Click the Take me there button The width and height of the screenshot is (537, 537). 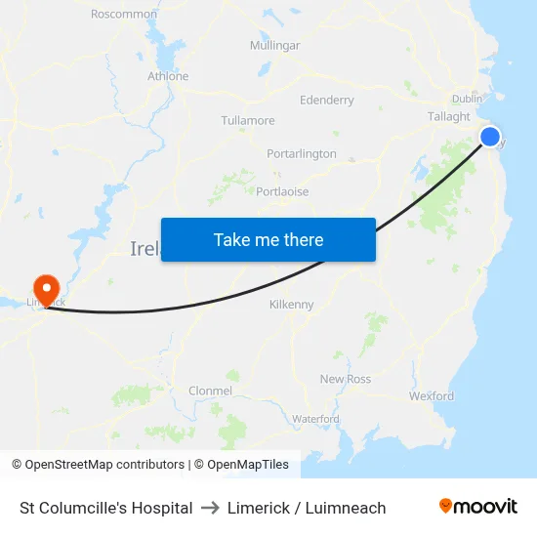click(268, 239)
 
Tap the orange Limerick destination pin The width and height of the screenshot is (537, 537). click(46, 288)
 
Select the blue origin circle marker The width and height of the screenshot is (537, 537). click(489, 137)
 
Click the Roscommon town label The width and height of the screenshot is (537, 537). click(124, 14)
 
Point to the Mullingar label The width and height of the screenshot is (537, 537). click(274, 46)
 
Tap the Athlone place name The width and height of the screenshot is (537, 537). click(168, 76)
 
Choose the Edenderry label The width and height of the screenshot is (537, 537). click(327, 100)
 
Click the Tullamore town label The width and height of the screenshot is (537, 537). click(248, 121)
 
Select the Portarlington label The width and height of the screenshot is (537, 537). click(302, 154)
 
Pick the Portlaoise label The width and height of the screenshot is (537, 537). click(282, 191)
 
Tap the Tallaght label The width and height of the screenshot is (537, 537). click(449, 116)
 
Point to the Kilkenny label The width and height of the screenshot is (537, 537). click(292, 305)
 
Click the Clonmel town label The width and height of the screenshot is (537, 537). click(211, 391)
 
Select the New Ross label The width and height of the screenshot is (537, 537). click(346, 379)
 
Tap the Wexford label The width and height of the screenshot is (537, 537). click(432, 396)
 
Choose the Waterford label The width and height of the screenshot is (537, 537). click(315, 419)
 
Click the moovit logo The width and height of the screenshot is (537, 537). click(478, 507)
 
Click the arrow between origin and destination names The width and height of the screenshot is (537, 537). click(210, 508)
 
